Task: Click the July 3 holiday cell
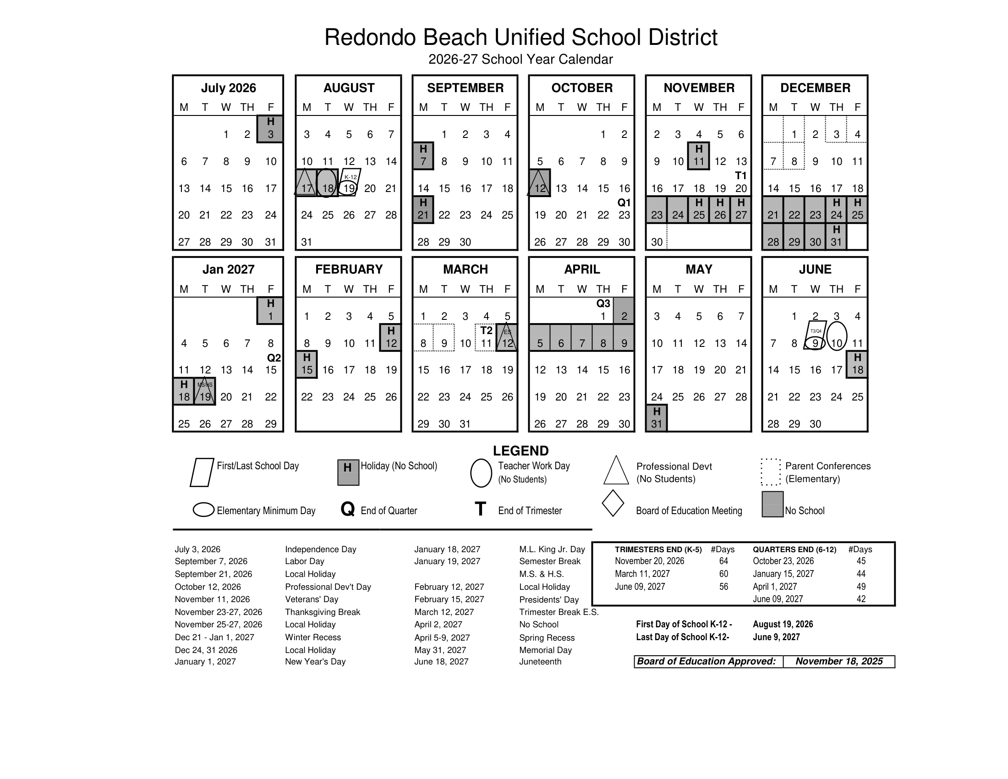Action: click(x=270, y=129)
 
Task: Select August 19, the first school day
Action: click(x=349, y=188)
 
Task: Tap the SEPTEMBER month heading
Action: click(x=465, y=88)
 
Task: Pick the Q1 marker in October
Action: click(x=624, y=203)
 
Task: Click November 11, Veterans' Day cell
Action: click(x=698, y=156)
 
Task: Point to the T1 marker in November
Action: click(x=740, y=176)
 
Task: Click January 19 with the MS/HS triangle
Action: click(x=205, y=392)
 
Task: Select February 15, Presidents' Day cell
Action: click(x=307, y=365)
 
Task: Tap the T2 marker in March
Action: click(x=486, y=330)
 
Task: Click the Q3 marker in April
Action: click(x=603, y=303)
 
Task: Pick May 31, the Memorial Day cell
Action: click(x=656, y=418)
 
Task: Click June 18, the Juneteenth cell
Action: click(x=857, y=365)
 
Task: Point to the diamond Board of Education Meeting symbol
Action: click(x=613, y=503)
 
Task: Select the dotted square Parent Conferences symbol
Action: click(x=770, y=472)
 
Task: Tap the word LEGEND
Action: click(x=520, y=451)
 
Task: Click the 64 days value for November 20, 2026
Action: click(x=723, y=561)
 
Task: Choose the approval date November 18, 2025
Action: click(x=838, y=661)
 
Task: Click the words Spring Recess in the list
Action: click(x=547, y=638)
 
